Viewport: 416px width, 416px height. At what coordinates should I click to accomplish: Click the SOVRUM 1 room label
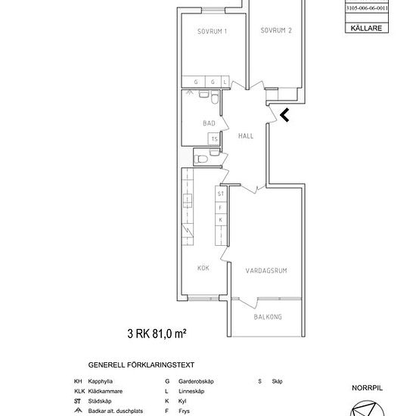coord(212,31)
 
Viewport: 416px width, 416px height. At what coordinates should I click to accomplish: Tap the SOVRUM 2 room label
coord(276,31)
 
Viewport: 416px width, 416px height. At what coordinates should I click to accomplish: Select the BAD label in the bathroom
coord(210,123)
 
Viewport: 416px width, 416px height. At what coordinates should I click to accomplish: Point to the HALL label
coord(246,137)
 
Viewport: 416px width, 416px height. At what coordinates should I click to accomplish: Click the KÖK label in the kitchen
coord(203,268)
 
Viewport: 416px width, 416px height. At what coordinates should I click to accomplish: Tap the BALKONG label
coord(268,317)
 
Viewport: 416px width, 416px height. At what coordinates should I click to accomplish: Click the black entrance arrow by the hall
coord(284,115)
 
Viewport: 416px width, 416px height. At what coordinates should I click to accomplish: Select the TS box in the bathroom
coord(215,139)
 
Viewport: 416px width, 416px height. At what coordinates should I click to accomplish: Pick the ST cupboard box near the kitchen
coord(221,194)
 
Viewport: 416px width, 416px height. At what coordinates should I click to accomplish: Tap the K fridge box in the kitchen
coord(221,219)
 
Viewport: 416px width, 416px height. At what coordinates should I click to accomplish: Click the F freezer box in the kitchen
coord(221,206)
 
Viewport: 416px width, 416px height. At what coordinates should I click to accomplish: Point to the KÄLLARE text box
coord(366,28)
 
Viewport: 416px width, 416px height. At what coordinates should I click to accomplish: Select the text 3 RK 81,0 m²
coord(157,332)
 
